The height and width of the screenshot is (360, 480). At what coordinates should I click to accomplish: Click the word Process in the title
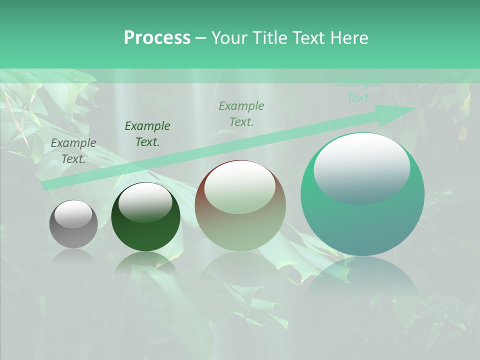(x=157, y=38)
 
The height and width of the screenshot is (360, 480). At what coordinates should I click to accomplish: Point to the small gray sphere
(x=73, y=224)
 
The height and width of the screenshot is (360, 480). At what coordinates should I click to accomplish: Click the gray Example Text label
(x=73, y=150)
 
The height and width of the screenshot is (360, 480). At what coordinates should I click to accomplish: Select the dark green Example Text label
(x=147, y=134)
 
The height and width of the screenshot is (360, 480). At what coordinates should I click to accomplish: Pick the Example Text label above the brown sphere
(x=241, y=113)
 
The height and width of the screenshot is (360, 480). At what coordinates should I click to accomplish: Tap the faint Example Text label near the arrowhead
(x=359, y=91)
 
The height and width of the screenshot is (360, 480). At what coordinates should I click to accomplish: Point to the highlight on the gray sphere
(x=73, y=214)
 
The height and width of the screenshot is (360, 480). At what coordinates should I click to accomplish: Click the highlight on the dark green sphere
(x=145, y=201)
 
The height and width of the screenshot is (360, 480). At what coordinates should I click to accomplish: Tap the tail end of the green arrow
(x=45, y=185)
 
